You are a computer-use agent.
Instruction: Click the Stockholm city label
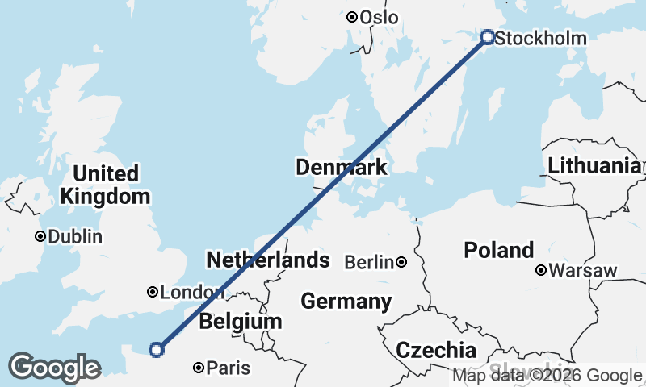(x=540, y=38)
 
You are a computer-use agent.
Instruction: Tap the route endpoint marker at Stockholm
(x=487, y=36)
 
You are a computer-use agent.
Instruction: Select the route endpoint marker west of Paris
(x=157, y=349)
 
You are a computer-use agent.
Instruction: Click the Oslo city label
(x=380, y=17)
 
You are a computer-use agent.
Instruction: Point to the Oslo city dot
(x=351, y=17)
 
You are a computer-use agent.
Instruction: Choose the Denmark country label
(x=342, y=168)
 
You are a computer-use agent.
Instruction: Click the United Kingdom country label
(x=105, y=185)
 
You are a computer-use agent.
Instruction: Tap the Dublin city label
(x=75, y=237)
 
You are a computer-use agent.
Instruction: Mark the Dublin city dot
(x=40, y=237)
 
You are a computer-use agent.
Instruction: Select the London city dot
(x=152, y=292)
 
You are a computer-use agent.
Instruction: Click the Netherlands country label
(x=268, y=260)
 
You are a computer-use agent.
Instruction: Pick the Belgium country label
(x=241, y=321)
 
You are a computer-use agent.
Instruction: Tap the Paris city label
(x=229, y=368)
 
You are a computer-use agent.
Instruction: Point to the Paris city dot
(x=199, y=368)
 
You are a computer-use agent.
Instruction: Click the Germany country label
(x=346, y=302)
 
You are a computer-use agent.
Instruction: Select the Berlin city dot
(x=401, y=262)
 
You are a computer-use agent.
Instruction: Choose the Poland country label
(x=498, y=250)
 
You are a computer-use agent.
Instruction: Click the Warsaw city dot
(x=540, y=270)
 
